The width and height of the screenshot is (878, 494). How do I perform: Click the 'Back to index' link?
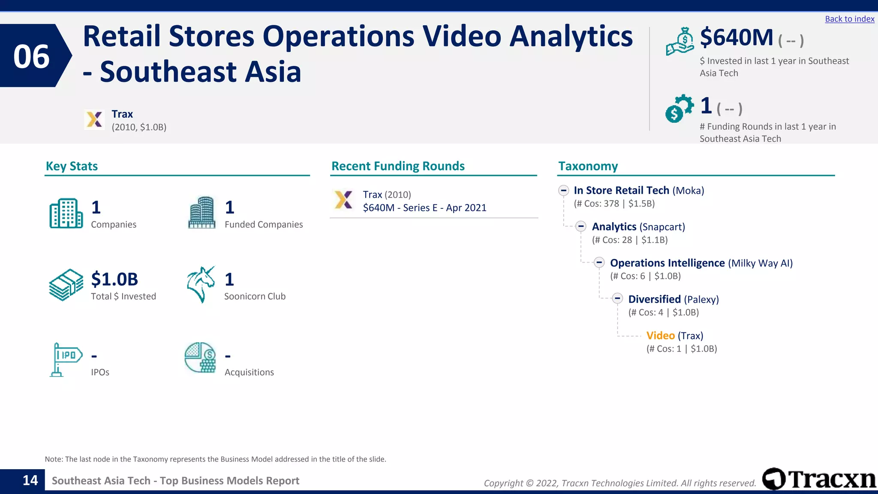point(849,19)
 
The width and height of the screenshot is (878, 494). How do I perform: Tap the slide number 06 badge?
point(32,56)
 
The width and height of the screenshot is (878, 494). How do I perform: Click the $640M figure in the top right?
point(736,38)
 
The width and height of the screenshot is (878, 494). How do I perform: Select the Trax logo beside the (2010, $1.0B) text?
point(94,119)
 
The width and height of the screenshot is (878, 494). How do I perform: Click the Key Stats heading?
point(72,166)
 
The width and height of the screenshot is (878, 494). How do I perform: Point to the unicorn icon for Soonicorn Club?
point(201,284)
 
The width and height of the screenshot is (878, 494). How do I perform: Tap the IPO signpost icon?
point(65,359)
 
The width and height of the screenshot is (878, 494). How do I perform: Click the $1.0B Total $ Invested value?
point(114,280)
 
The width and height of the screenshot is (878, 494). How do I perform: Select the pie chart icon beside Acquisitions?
point(200,357)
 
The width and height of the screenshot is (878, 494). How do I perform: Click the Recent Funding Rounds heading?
point(398,166)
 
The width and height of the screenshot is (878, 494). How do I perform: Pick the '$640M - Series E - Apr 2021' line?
point(424,208)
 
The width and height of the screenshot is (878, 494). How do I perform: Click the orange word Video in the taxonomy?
point(660,336)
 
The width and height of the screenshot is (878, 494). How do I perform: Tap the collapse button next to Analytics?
point(581,226)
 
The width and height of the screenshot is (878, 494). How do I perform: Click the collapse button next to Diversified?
point(617,298)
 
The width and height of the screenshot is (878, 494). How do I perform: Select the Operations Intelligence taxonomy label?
point(667,263)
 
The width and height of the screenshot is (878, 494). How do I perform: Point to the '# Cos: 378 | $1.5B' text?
point(614,204)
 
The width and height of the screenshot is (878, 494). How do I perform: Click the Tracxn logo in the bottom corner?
point(819,479)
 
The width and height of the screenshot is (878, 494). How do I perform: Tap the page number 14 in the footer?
point(30,480)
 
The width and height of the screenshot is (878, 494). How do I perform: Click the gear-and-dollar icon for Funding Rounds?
point(679,108)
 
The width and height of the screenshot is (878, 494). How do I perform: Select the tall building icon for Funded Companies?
point(201,213)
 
